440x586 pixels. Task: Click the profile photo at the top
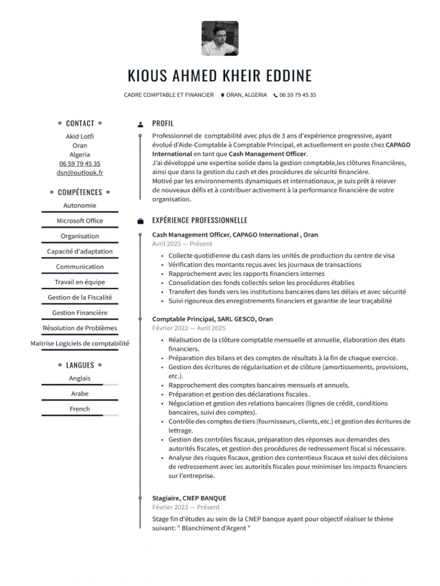(x=220, y=38)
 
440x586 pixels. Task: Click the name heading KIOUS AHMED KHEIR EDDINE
(x=220, y=76)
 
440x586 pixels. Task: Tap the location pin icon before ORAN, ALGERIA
(x=222, y=96)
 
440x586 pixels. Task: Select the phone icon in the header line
(x=276, y=96)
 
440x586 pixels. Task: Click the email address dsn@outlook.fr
(x=80, y=172)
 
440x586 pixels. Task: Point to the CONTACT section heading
(x=80, y=123)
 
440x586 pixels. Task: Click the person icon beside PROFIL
(x=140, y=124)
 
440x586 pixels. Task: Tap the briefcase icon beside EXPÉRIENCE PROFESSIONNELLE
(x=140, y=221)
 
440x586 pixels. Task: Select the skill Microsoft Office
(x=80, y=220)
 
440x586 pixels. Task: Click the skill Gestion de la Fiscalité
(x=80, y=297)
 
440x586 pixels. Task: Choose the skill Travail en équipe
(x=80, y=282)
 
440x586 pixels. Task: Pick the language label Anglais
(x=80, y=378)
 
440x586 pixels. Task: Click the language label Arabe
(x=80, y=393)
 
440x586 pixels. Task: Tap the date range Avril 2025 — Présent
(x=182, y=244)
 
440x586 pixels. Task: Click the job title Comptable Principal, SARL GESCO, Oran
(x=213, y=319)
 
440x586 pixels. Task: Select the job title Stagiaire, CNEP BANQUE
(x=189, y=498)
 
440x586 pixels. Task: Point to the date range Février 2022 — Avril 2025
(x=189, y=328)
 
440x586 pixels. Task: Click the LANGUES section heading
(x=80, y=365)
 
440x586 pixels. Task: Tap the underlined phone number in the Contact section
(x=80, y=163)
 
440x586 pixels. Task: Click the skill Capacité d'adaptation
(x=80, y=251)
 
